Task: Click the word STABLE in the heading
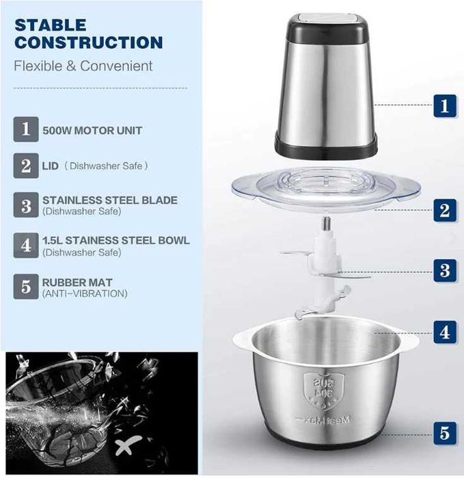51,25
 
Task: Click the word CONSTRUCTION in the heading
89,42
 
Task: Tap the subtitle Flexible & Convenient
84,66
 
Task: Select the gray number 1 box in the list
26,129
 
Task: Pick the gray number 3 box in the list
26,205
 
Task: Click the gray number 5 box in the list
26,287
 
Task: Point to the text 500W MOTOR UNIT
92,130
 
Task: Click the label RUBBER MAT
77,282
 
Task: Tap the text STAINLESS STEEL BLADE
109,200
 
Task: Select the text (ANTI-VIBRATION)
85,294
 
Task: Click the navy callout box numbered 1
444,106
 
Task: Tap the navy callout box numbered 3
444,269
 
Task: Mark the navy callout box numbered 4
444,332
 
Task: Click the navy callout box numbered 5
444,432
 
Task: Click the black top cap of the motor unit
322,25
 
